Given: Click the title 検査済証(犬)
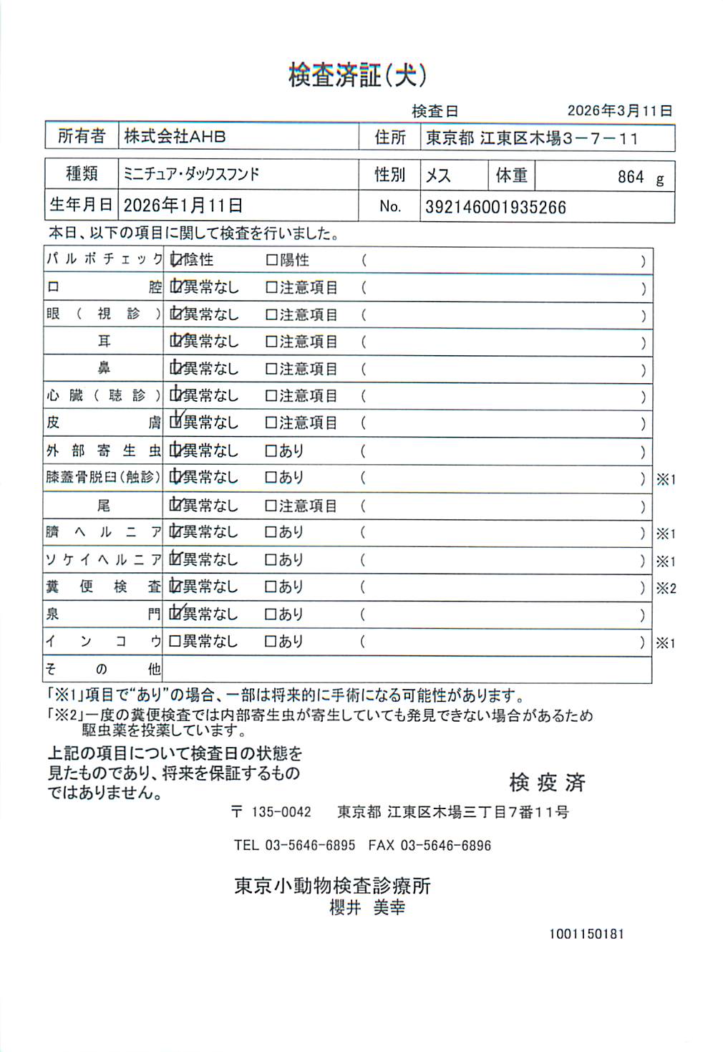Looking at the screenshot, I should pos(357,75).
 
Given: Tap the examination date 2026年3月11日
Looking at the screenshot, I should pos(619,111).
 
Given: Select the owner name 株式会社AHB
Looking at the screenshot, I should pos(175,136).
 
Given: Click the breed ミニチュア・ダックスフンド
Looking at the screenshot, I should pos(191,174).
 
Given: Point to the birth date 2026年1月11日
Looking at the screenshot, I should pos(183,206).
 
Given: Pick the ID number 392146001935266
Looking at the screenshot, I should pos(495,208).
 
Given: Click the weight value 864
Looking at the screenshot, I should pos(630,177).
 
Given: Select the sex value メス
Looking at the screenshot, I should pos(438,175).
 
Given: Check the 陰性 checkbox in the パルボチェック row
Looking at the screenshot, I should pos(175,260).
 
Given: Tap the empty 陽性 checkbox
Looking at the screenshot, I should pos(271,260).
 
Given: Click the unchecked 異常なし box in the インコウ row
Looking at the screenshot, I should pos(175,642).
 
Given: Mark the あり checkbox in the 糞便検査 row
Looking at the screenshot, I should pos(271,587).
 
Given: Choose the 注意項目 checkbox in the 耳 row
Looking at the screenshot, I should pos(271,342).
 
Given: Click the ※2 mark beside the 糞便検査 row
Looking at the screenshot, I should pos(666,589).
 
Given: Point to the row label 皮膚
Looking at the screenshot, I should pos(103,423).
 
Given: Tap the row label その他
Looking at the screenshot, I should pos(103,670).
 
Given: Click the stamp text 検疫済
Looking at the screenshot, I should pos(547,783).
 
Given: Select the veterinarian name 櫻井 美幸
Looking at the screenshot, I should pos(367,908).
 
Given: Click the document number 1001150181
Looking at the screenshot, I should pos(586,934).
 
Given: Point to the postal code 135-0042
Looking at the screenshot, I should pos(281,812).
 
